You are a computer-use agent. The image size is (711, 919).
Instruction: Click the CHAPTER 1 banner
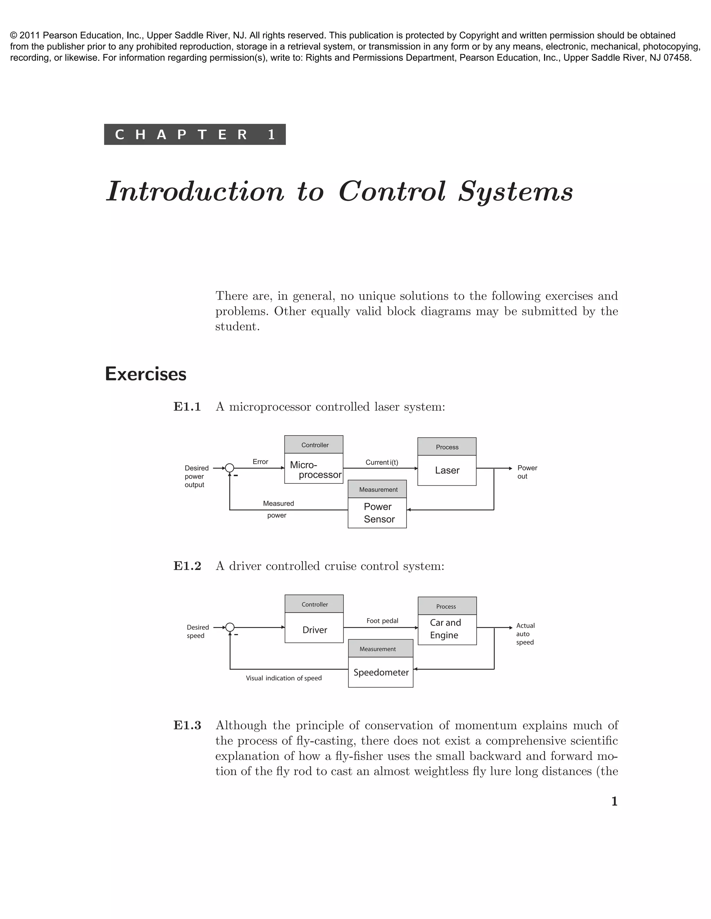pyautogui.click(x=195, y=134)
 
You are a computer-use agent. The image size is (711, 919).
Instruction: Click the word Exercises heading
pyautogui.click(x=145, y=374)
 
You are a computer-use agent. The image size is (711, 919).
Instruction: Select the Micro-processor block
pyautogui.click(x=314, y=469)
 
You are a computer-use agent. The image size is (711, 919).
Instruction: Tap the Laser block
pyautogui.click(x=447, y=471)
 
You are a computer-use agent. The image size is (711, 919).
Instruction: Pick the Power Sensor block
pyautogui.click(x=377, y=513)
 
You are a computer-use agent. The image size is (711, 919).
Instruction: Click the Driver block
pyautogui.click(x=314, y=629)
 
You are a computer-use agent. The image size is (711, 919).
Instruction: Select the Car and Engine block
pyautogui.click(x=447, y=629)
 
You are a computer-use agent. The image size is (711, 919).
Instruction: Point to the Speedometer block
pyautogui.click(x=381, y=672)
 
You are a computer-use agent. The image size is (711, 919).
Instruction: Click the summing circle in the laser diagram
pyautogui.click(x=229, y=468)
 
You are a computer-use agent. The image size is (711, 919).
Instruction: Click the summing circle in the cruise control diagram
pyautogui.click(x=230, y=627)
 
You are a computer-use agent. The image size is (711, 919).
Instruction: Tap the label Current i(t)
pyautogui.click(x=382, y=462)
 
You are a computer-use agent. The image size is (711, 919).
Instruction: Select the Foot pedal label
pyautogui.click(x=382, y=621)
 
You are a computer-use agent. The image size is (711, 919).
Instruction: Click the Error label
pyautogui.click(x=260, y=462)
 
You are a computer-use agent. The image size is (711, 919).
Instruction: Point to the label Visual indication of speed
pyautogui.click(x=284, y=678)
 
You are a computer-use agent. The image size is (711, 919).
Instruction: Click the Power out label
pyautogui.click(x=527, y=472)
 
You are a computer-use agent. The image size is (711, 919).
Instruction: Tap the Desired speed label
pyautogui.click(x=198, y=631)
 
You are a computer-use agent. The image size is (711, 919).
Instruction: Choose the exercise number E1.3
pyautogui.click(x=187, y=725)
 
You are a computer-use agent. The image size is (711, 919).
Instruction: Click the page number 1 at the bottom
pyautogui.click(x=614, y=801)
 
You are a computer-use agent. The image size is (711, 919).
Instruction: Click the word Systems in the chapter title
pyautogui.click(x=516, y=191)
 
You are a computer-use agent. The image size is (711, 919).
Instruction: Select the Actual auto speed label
pyautogui.click(x=525, y=634)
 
